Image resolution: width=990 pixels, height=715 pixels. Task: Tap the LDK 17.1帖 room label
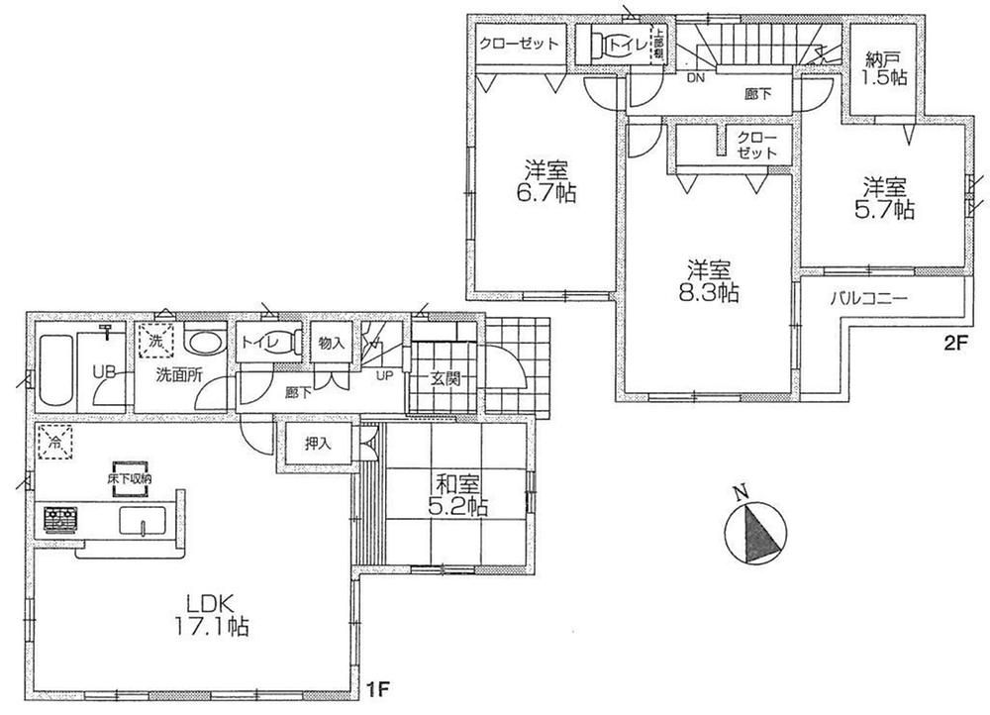click(x=213, y=614)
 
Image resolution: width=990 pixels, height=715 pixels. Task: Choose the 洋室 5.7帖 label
click(x=887, y=198)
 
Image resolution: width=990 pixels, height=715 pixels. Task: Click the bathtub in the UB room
click(x=54, y=372)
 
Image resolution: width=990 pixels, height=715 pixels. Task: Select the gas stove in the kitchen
click(x=61, y=519)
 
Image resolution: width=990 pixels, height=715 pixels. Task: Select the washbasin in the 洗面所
click(x=204, y=344)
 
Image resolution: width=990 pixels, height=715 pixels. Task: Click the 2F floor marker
click(x=954, y=342)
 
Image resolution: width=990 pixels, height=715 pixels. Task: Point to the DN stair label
click(x=696, y=78)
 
